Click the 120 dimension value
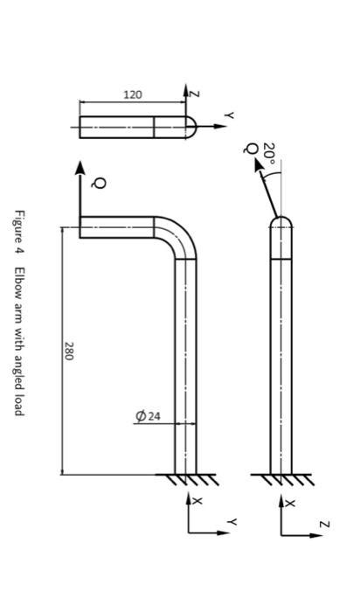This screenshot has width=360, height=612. point(132,94)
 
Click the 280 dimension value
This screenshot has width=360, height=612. point(68,351)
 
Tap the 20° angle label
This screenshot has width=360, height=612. point(269,154)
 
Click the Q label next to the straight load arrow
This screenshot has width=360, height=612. point(99,183)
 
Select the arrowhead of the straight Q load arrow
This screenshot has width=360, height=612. point(80,167)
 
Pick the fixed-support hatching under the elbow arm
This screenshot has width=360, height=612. point(186,479)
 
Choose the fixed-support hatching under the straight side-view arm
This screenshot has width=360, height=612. point(280,479)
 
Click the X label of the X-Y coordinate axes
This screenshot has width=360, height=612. point(197,502)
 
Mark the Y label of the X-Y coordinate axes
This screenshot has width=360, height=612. point(232,521)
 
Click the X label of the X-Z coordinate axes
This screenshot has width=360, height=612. point(290,504)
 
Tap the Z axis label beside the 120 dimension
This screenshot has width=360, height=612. point(194,93)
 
